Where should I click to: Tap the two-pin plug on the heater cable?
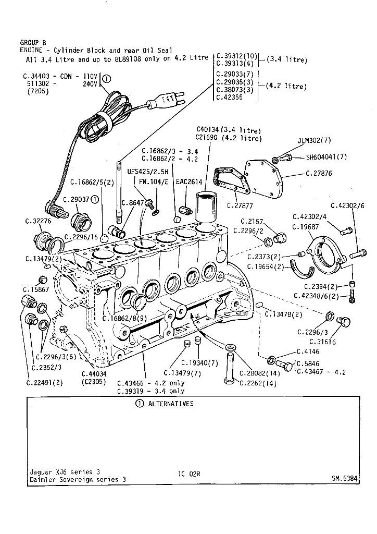pos(169,99)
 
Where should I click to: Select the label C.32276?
pos(38,221)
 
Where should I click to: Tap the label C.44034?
pos(94,374)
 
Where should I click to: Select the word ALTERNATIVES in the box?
pos(171,404)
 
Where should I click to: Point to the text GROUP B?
pos(33,42)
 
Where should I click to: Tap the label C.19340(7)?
pos(200,363)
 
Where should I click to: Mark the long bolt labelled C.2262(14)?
pos(230,368)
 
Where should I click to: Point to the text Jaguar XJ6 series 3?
pos(65,472)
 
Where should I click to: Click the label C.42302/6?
pos(347,205)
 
